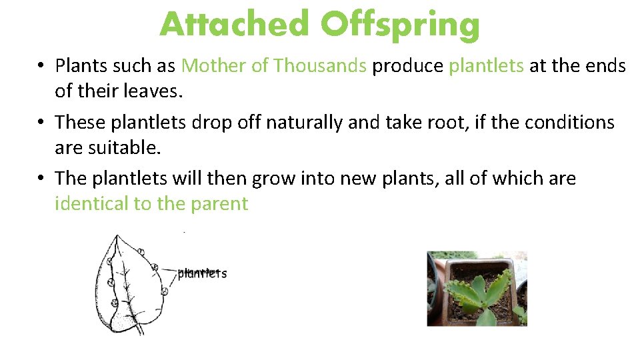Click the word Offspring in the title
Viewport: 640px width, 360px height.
pos(399,25)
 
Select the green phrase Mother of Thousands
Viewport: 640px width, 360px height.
pos(273,66)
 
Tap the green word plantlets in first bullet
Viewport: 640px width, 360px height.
pos(486,66)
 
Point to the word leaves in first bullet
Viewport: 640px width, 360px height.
pos(156,91)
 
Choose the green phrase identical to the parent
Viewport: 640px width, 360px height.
pos(151,203)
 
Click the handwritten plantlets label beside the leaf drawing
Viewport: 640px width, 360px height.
pos(202,273)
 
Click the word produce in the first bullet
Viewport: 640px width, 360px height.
pos(407,66)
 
